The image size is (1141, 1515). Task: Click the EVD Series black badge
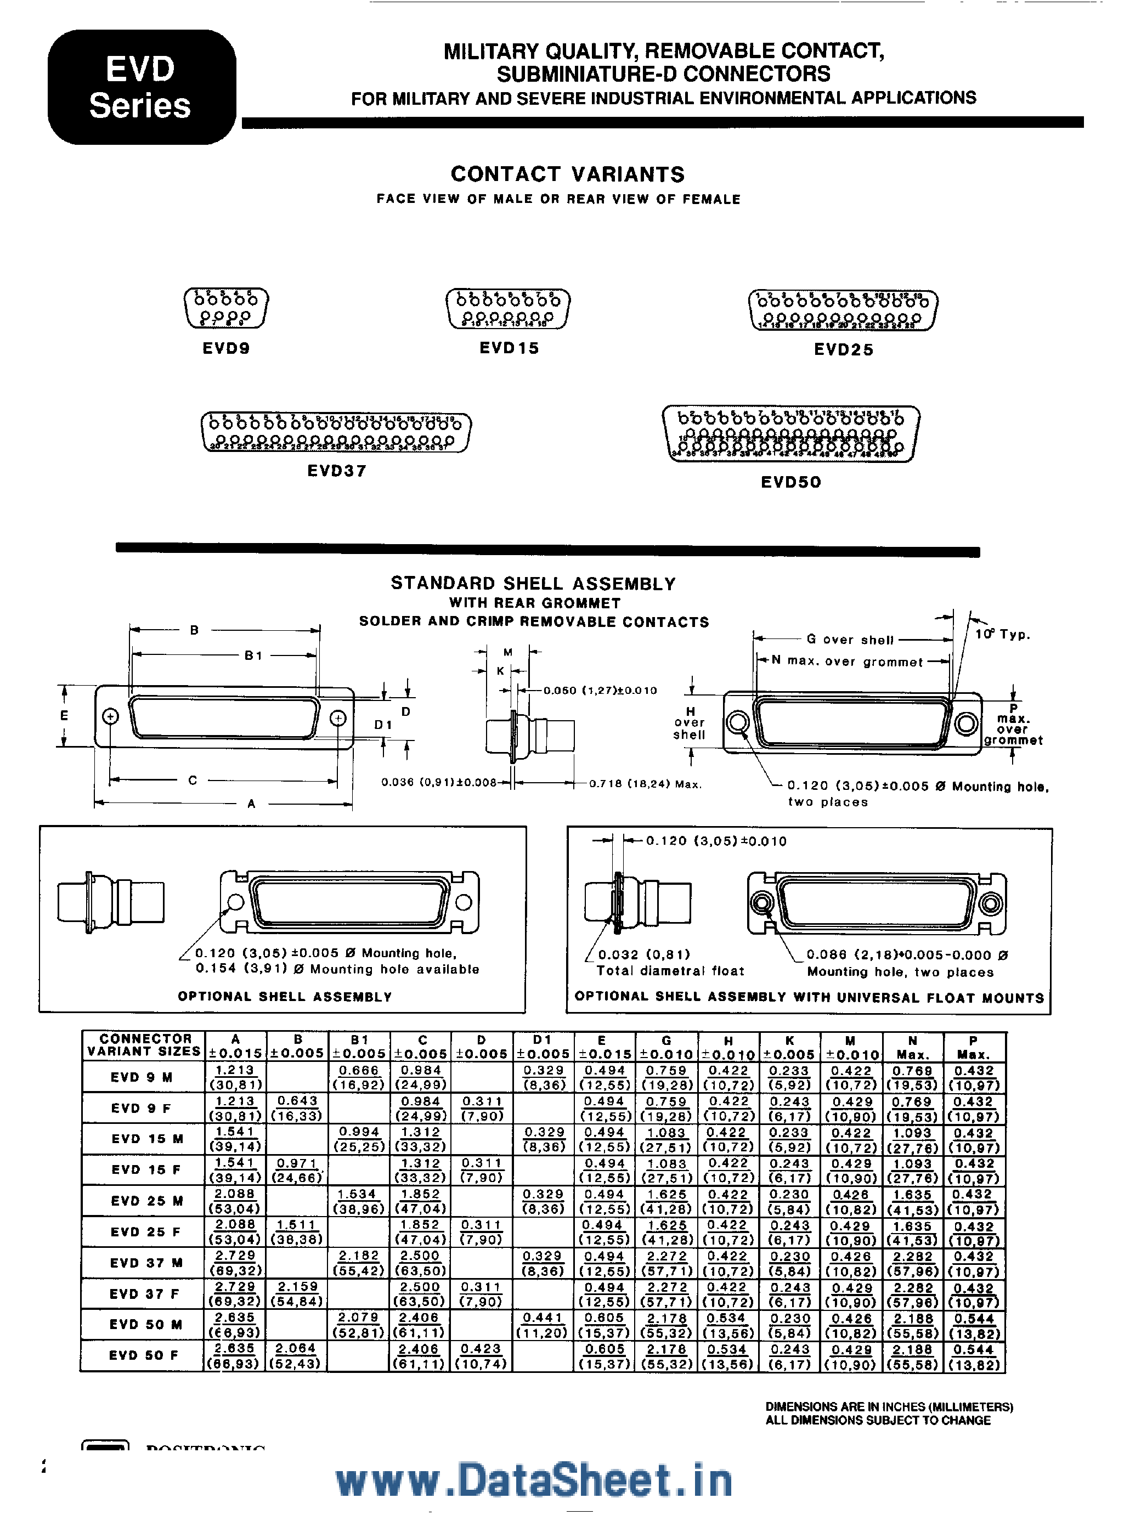click(141, 87)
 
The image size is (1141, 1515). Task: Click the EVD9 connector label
click(226, 348)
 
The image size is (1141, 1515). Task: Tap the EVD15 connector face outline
click(508, 309)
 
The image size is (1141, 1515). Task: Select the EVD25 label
click(844, 349)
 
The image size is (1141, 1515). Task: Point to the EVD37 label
click(337, 471)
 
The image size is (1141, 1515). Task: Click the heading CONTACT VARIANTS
click(567, 174)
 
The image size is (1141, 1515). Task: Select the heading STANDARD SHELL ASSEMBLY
click(533, 584)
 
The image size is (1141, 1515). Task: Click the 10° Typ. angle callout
click(1002, 634)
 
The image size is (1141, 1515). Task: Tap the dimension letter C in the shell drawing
click(193, 780)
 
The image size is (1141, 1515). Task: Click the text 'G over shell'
click(850, 640)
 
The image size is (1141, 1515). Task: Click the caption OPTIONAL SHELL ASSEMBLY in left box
click(284, 997)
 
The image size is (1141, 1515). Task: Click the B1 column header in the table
click(359, 1046)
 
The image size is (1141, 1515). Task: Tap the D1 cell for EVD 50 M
click(543, 1324)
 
